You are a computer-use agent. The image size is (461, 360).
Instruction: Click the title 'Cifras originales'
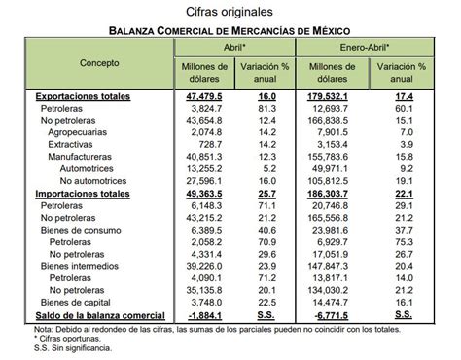coord(230,10)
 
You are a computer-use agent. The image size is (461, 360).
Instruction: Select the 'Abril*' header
coord(230,46)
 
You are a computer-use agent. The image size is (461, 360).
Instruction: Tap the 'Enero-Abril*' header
coord(363,46)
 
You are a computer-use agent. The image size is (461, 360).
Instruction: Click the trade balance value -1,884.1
coord(205,314)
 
